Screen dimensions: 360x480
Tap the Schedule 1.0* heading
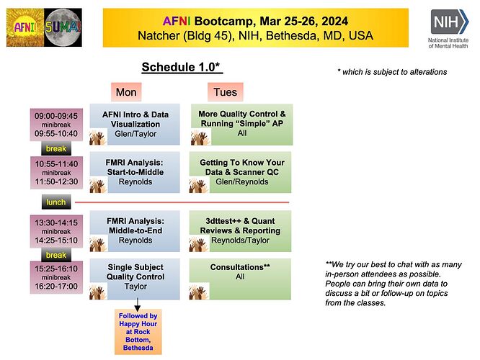[181, 68]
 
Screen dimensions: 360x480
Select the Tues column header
[225, 92]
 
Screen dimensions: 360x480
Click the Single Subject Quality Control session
[134, 277]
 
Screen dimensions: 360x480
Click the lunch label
[56, 203]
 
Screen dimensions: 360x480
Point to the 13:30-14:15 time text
[56, 222]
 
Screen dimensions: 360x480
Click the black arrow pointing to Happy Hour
[138, 304]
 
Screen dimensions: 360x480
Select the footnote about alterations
[392, 71]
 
